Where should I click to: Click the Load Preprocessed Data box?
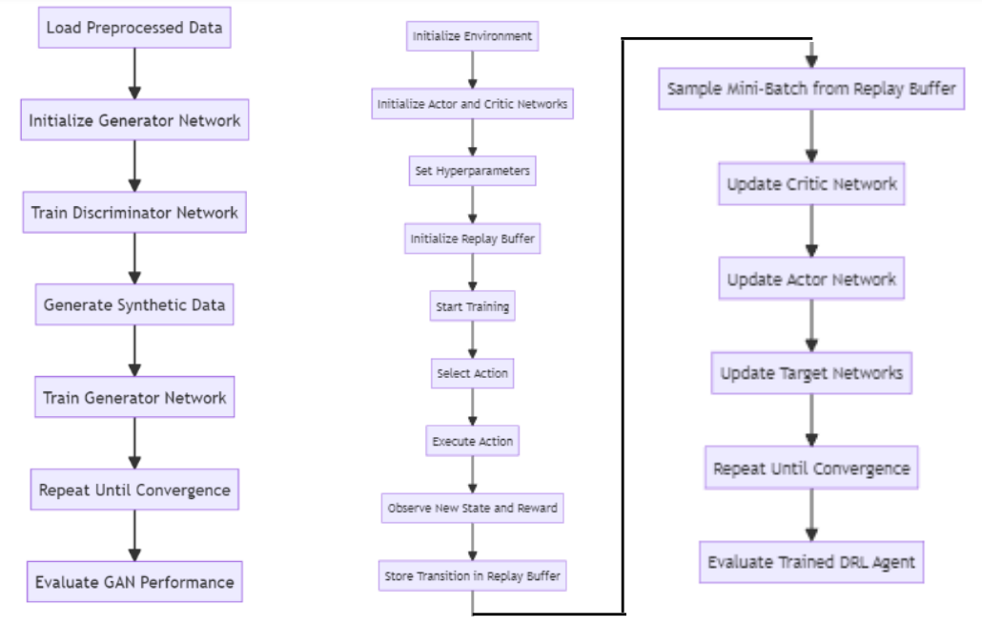pyautogui.click(x=134, y=28)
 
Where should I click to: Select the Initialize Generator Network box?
pyautogui.click(x=134, y=120)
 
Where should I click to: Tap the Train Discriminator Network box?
pyautogui.click(x=134, y=212)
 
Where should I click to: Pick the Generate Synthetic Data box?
pyautogui.click(x=134, y=304)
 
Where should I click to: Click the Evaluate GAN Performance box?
pyautogui.click(x=134, y=581)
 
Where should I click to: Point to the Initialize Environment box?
pyautogui.click(x=472, y=36)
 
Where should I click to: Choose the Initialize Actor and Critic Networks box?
pyautogui.click(x=472, y=103)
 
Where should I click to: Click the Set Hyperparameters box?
pyautogui.click(x=472, y=171)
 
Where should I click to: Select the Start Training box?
pyautogui.click(x=472, y=306)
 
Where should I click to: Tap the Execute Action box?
pyautogui.click(x=472, y=441)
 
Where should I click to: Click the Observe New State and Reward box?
pyautogui.click(x=472, y=509)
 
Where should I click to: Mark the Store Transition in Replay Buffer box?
pyautogui.click(x=472, y=575)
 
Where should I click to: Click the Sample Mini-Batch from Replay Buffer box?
pyautogui.click(x=810, y=88)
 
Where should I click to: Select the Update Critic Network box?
pyautogui.click(x=811, y=183)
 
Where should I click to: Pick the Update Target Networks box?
pyautogui.click(x=811, y=372)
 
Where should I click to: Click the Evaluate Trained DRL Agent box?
pyautogui.click(x=811, y=561)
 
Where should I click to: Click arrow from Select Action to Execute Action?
pyautogui.click(x=472, y=407)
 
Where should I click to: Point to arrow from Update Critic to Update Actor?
pyautogui.click(x=811, y=232)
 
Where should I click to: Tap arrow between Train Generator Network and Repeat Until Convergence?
pyautogui.click(x=134, y=443)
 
